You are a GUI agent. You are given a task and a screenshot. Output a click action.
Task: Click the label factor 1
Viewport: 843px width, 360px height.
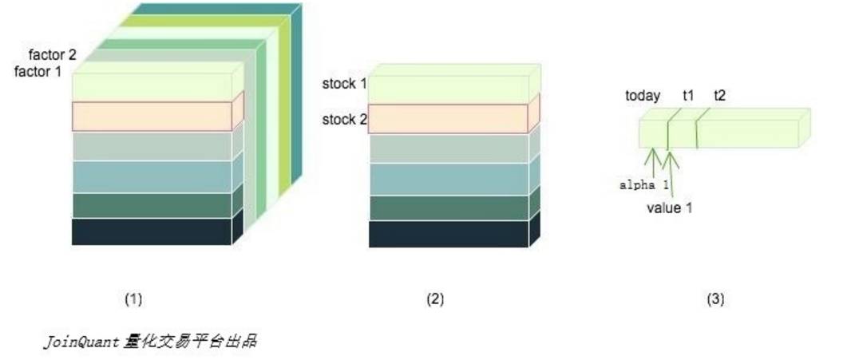click(x=38, y=72)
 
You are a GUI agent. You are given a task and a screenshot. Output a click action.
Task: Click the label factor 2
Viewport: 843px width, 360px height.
click(x=52, y=56)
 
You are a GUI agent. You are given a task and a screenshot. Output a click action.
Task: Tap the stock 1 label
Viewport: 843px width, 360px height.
click(x=344, y=84)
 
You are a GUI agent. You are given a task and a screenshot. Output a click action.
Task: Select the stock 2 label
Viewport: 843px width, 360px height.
click(x=344, y=121)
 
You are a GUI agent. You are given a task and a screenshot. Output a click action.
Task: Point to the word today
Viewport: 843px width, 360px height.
click(x=643, y=96)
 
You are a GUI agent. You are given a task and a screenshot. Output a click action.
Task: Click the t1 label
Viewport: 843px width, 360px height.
click(x=687, y=96)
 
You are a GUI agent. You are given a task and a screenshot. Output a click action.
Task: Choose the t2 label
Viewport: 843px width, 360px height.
click(x=719, y=96)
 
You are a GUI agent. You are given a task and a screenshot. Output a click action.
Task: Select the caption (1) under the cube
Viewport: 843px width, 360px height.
click(x=133, y=299)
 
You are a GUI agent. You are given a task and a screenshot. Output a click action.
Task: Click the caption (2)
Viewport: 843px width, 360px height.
click(x=435, y=299)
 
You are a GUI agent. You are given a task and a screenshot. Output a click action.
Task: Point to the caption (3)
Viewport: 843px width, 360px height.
click(x=715, y=299)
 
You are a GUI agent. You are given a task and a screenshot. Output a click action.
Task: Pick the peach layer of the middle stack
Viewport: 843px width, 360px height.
click(x=447, y=119)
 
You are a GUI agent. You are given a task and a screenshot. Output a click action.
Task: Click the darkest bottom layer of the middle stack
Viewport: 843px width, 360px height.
click(x=447, y=234)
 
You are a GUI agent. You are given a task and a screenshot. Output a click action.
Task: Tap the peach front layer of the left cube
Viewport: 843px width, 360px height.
click(x=151, y=117)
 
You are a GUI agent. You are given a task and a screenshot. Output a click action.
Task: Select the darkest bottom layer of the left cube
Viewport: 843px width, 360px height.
click(x=151, y=231)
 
